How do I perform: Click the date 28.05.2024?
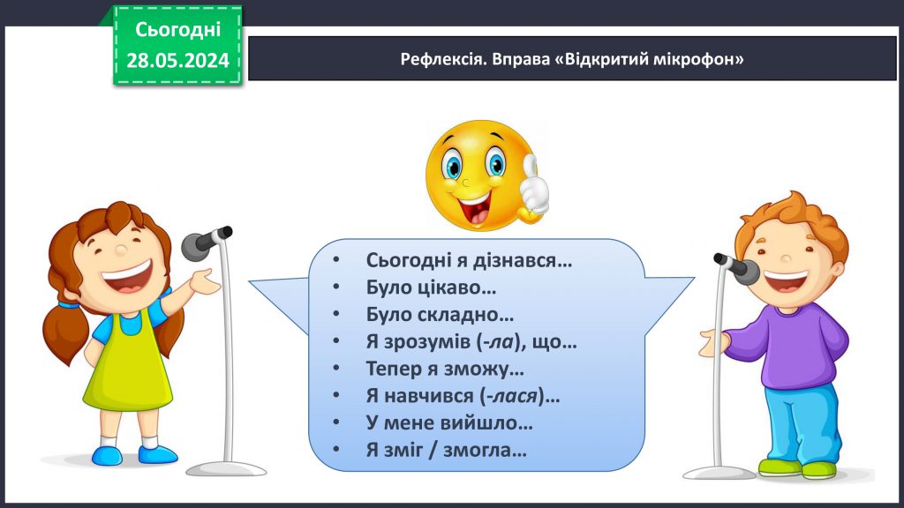coord(177,60)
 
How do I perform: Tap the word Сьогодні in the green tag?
coord(177,29)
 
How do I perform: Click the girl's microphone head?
coord(202,243)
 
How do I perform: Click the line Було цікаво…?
coord(430,287)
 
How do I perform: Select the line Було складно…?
coord(439,314)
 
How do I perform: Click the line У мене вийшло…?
coord(448,422)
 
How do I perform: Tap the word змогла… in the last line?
coord(487,450)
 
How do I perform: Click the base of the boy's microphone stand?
coord(719,472)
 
